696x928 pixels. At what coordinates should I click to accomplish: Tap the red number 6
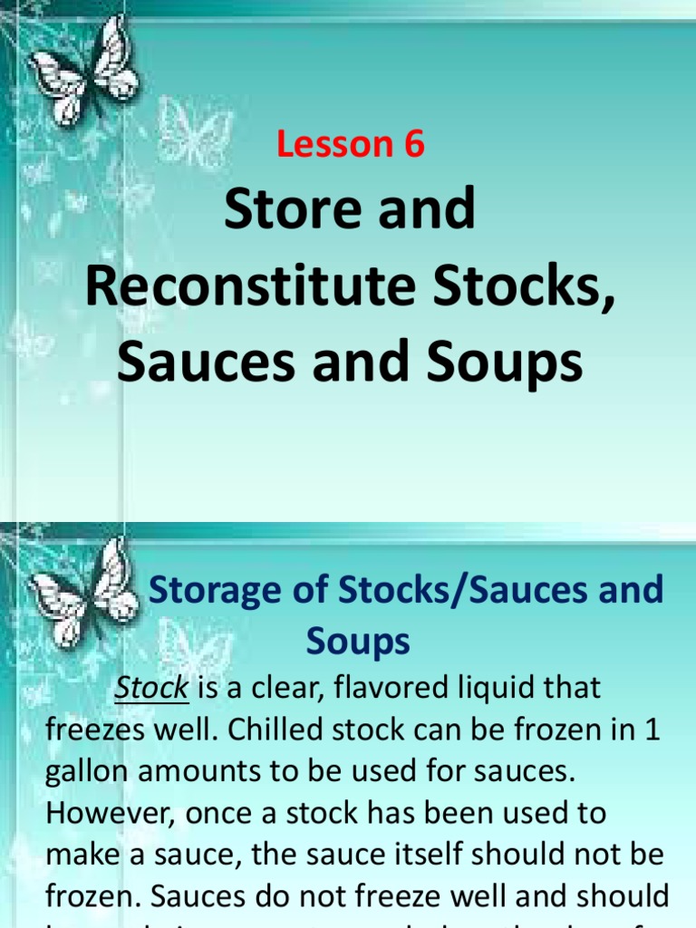(414, 144)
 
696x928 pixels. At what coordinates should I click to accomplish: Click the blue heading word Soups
(358, 642)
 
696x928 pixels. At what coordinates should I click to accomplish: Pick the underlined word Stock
(151, 688)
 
